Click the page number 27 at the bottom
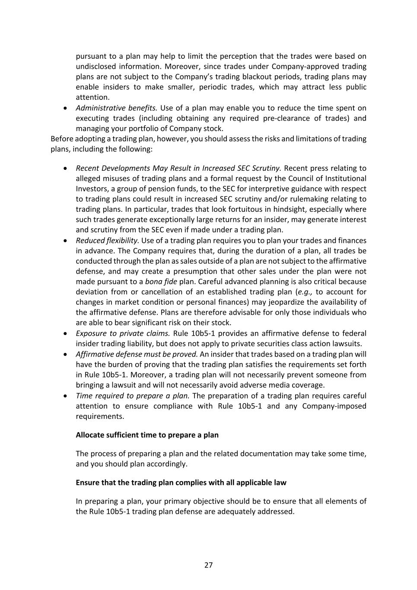[x=208, y=565]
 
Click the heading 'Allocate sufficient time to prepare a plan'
[x=147, y=435]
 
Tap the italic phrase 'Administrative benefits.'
[x=116, y=108]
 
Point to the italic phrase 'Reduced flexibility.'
[x=107, y=240]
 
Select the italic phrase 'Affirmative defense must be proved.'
[x=137, y=354]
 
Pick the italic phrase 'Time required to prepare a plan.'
[x=133, y=395]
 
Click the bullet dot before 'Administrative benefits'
[x=65, y=108]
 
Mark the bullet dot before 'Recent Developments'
[x=65, y=168]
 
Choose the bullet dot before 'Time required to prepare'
[x=65, y=395]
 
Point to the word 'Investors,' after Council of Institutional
[x=92, y=188]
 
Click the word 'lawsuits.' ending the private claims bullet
[x=347, y=344]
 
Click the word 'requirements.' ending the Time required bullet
[x=100, y=416]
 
